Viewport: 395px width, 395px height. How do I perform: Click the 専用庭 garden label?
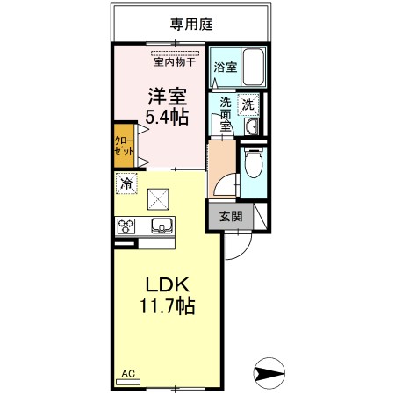[191, 25]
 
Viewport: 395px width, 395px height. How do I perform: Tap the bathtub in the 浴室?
[254, 67]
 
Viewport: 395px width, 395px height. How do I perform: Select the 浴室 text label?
[225, 68]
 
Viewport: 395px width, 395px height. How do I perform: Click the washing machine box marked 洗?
[248, 104]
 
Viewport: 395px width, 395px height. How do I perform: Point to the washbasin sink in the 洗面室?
[251, 126]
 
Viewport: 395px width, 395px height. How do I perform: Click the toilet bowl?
[254, 163]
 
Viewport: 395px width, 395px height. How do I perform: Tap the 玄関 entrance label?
[231, 217]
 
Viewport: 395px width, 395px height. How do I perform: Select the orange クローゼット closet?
[124, 146]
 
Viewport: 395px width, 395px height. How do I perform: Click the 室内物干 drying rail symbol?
[175, 54]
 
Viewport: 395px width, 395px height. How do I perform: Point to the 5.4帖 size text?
[167, 118]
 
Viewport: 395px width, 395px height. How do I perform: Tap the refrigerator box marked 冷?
[126, 183]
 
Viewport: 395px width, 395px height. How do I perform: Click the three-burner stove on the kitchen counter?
[126, 226]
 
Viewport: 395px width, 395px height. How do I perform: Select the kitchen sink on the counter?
[162, 226]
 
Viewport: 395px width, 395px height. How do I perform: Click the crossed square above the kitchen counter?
[158, 199]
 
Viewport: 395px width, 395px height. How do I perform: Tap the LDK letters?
[168, 284]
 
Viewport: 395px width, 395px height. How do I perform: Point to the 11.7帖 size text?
[168, 305]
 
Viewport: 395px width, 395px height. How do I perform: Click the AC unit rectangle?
[128, 382]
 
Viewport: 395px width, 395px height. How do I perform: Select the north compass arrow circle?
[269, 373]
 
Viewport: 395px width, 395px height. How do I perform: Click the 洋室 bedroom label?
[167, 97]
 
